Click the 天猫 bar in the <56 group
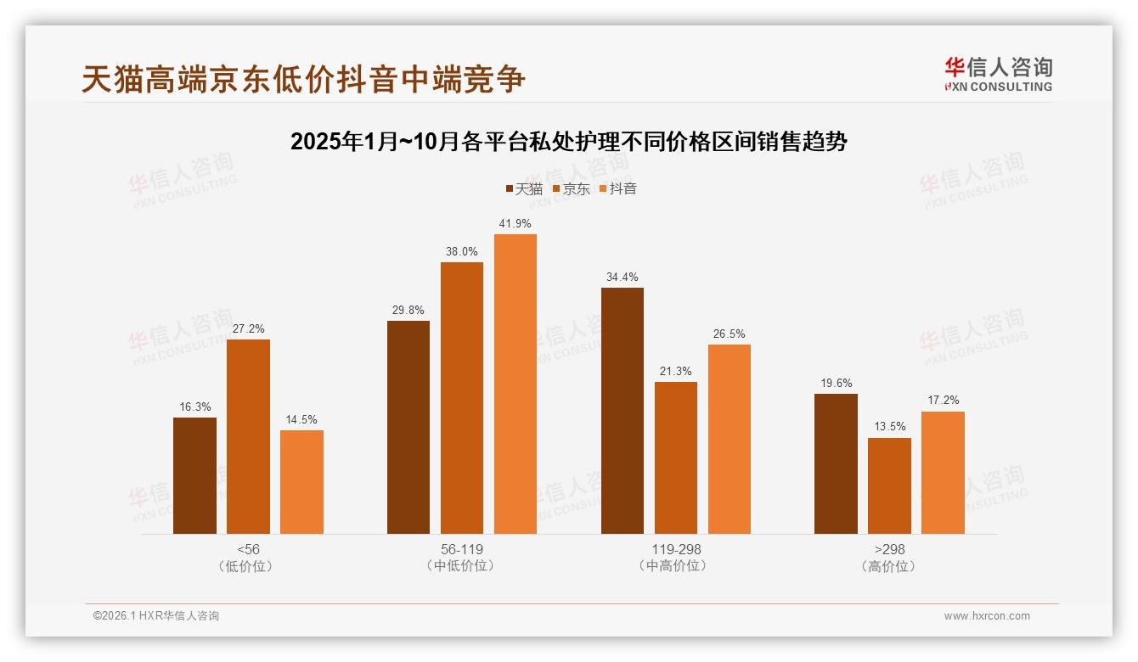tap(194, 475)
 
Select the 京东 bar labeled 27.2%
tap(248, 436)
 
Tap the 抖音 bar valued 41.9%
tap(515, 384)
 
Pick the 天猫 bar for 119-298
tap(623, 411)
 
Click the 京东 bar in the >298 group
tap(889, 485)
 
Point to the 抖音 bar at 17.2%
tap(943, 473)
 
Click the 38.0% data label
tap(462, 251)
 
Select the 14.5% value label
tap(301, 419)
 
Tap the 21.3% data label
tap(676, 371)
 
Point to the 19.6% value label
tap(836, 383)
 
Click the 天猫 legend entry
tap(524, 188)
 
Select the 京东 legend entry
tap(571, 188)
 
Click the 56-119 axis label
tap(462, 549)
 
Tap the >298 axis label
tap(889, 549)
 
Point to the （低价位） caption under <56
tap(248, 565)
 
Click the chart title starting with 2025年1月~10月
tap(569, 141)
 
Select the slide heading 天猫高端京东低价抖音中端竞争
tap(303, 79)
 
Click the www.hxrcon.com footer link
tap(987, 616)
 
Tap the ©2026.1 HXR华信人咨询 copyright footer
tap(156, 616)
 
